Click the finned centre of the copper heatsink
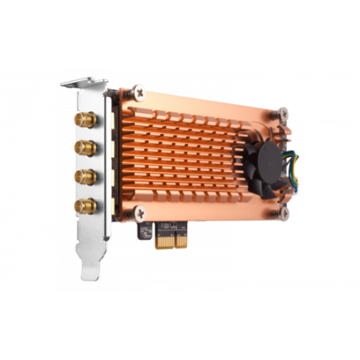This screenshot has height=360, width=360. coord(191,151)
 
